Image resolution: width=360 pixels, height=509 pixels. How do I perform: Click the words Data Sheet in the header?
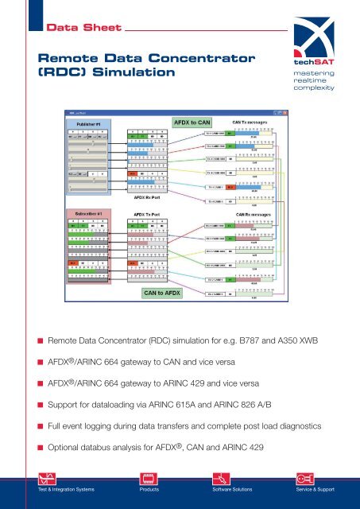(x=73, y=29)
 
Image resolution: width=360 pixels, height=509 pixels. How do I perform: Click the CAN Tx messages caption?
(x=252, y=122)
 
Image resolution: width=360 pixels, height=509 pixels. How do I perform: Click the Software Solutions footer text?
(x=228, y=489)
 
